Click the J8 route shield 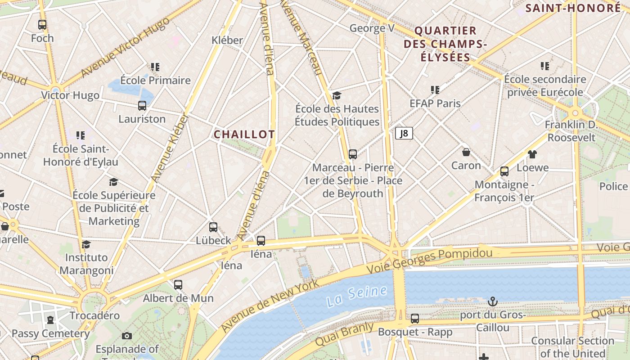404,133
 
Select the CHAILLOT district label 244,135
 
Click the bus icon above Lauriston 142,106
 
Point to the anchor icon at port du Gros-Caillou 493,301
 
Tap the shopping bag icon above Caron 466,152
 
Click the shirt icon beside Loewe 532,154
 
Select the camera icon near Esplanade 127,336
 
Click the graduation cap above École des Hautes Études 337,95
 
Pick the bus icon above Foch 42,25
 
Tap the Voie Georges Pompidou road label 429,261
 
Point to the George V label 372,28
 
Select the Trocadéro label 94,315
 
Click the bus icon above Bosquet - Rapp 415,319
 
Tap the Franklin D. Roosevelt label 571,131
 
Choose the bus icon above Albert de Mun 178,285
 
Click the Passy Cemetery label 50,333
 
